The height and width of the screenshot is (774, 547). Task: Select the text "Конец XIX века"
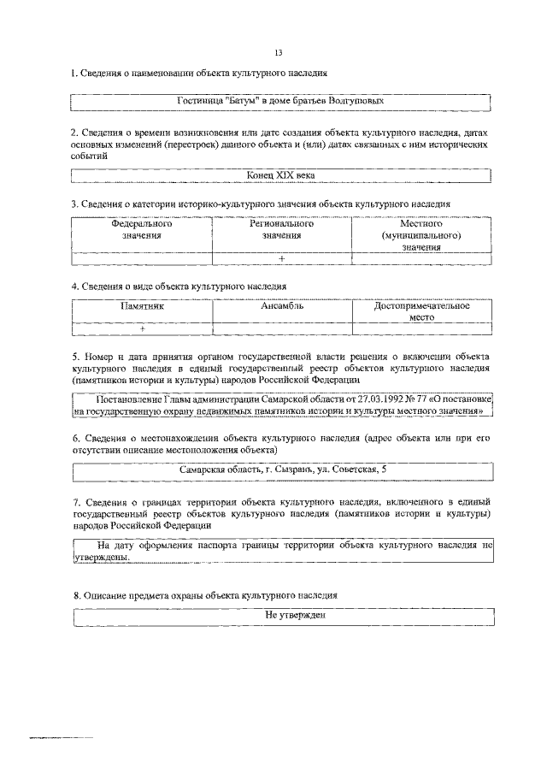[282, 174]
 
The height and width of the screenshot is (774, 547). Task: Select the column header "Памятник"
[142, 305]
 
